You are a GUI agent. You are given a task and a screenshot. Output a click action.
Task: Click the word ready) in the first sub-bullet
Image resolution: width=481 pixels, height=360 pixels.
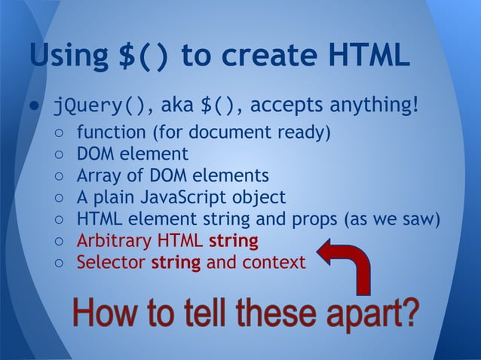303,133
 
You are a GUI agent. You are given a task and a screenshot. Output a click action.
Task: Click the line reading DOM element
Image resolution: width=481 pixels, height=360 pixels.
132,154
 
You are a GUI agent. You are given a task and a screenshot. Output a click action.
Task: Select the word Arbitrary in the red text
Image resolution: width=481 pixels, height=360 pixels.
109,241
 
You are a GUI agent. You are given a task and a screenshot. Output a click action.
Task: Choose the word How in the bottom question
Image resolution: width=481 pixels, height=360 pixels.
99,313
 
